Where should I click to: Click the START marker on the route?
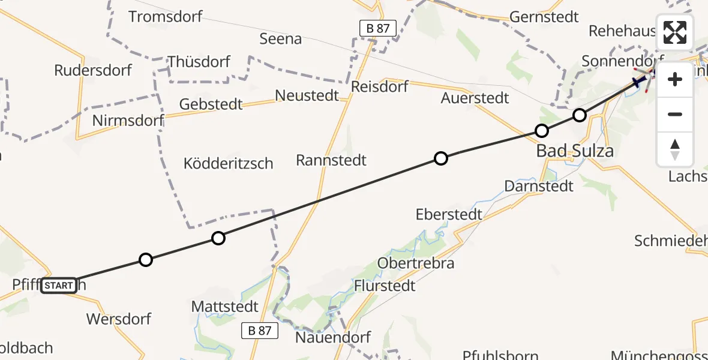click(59, 286)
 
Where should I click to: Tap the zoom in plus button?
click(675, 79)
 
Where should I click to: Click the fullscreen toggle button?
click(675, 32)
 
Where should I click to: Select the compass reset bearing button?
click(675, 149)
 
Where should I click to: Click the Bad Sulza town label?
click(575, 151)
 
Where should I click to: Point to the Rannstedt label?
click(331, 160)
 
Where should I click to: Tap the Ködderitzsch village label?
click(228, 163)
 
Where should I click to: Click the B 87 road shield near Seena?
click(378, 28)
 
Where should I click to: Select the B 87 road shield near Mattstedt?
click(260, 330)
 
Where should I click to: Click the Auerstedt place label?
click(475, 97)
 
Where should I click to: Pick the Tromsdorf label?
click(166, 16)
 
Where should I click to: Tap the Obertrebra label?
click(416, 263)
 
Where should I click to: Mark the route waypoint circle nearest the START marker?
click(145, 260)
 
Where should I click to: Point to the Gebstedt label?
click(211, 104)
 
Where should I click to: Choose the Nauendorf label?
click(333, 337)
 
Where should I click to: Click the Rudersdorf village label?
click(93, 70)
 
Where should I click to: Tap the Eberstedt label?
click(449, 214)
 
